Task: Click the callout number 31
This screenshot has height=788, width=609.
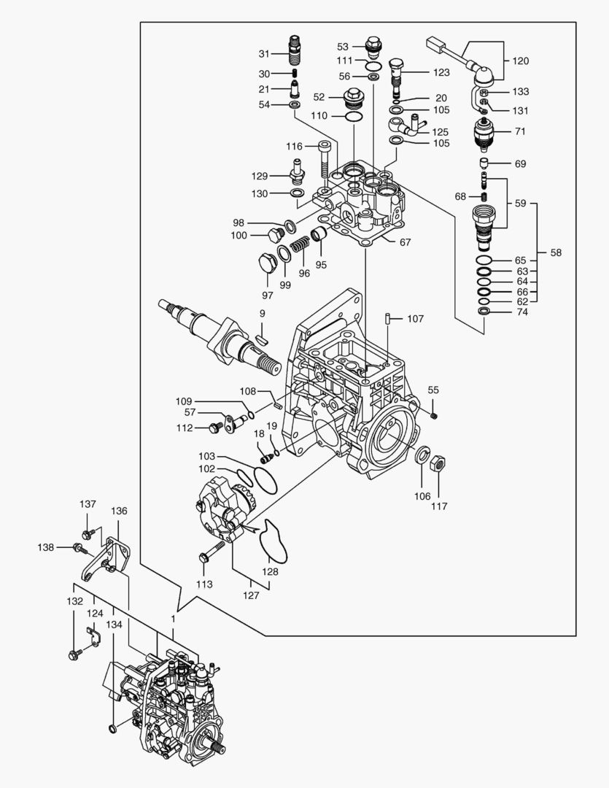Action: [263, 53]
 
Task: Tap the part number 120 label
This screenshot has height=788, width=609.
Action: [521, 61]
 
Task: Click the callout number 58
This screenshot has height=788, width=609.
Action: [556, 253]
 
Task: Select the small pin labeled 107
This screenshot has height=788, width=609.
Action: [389, 319]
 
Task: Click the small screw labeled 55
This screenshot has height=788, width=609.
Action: [434, 415]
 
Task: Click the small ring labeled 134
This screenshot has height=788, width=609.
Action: [112, 727]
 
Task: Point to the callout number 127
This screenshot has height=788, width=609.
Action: [251, 595]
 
